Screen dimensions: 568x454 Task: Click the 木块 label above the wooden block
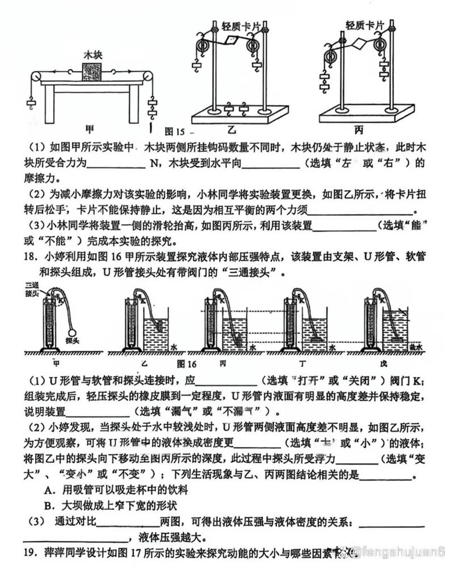92,55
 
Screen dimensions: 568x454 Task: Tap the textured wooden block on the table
92,73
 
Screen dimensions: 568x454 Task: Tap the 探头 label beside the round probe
72,342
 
